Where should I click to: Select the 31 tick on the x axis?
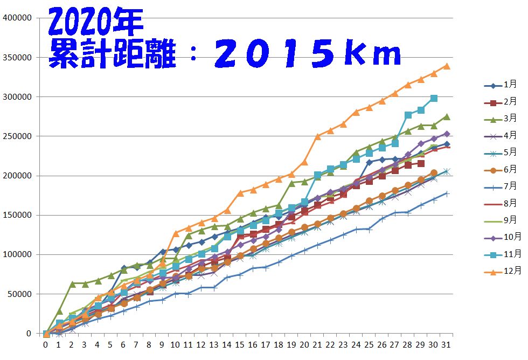click(x=447, y=344)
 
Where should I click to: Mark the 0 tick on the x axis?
click(x=46, y=344)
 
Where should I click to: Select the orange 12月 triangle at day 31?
click(x=447, y=66)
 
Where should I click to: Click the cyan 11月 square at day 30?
click(x=434, y=99)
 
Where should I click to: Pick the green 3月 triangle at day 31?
click(x=447, y=116)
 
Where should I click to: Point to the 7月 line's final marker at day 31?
click(x=447, y=193)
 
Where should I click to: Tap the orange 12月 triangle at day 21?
click(x=318, y=136)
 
